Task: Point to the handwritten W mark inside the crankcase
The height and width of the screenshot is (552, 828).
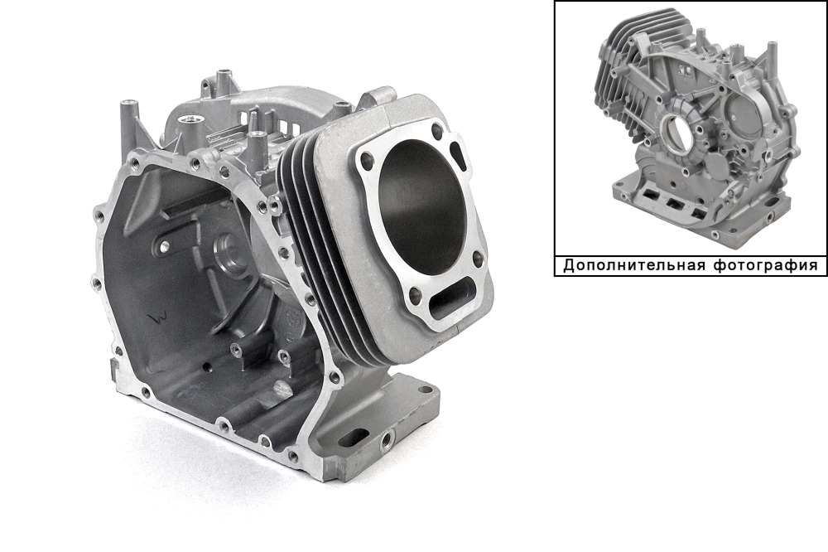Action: click(156, 317)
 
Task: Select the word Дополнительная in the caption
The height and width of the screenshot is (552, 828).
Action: click(633, 265)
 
